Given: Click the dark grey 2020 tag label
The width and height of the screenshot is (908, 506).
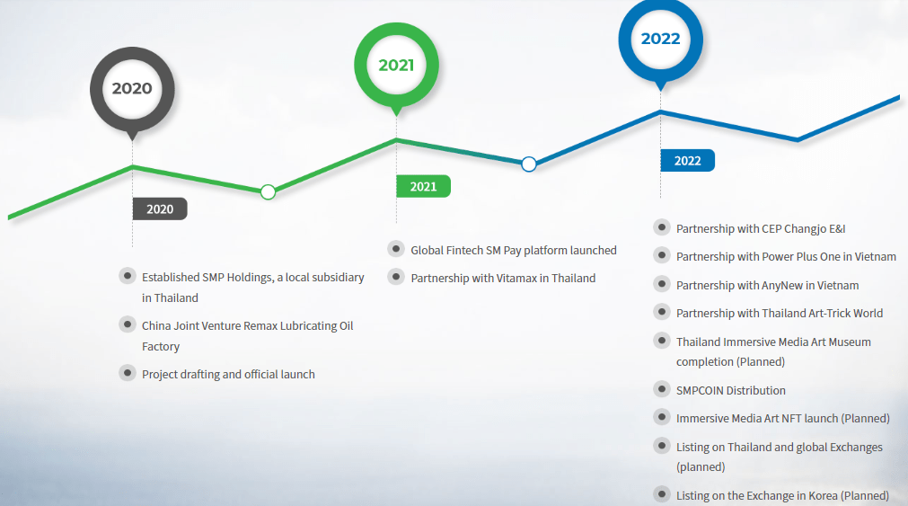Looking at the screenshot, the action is tap(160, 209).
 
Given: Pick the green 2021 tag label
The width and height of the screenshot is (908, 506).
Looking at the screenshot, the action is tap(423, 187).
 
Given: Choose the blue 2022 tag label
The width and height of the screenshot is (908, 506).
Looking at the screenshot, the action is tap(687, 161).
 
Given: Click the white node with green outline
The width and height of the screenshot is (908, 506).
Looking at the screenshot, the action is tap(269, 191).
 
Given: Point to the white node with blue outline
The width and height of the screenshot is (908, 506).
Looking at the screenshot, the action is tap(529, 164).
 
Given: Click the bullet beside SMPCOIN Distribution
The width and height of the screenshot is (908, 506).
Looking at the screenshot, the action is tap(661, 389).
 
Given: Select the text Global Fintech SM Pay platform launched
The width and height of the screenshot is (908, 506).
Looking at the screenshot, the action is tap(514, 251).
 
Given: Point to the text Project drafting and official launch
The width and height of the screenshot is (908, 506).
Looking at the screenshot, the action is tap(228, 375).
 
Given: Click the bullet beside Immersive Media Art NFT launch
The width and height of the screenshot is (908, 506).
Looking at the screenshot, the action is tap(661, 417).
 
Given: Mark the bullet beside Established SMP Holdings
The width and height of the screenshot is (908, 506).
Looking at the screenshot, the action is tap(128, 276).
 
